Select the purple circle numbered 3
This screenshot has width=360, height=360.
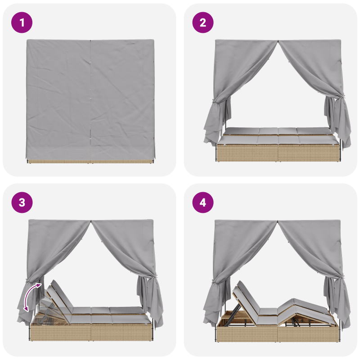click(22, 203)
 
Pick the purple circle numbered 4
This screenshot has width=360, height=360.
click(203, 203)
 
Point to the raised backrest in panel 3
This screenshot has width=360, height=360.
click(58, 297)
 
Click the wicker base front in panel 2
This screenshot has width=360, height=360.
click(277, 153)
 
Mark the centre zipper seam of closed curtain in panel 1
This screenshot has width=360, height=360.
click(90, 99)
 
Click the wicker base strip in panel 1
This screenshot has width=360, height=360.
click(90, 161)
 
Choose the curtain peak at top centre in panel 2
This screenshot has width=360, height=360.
click(278, 42)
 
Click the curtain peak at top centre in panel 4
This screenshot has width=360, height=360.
click(278, 222)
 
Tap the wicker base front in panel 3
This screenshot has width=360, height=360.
click(90, 333)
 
